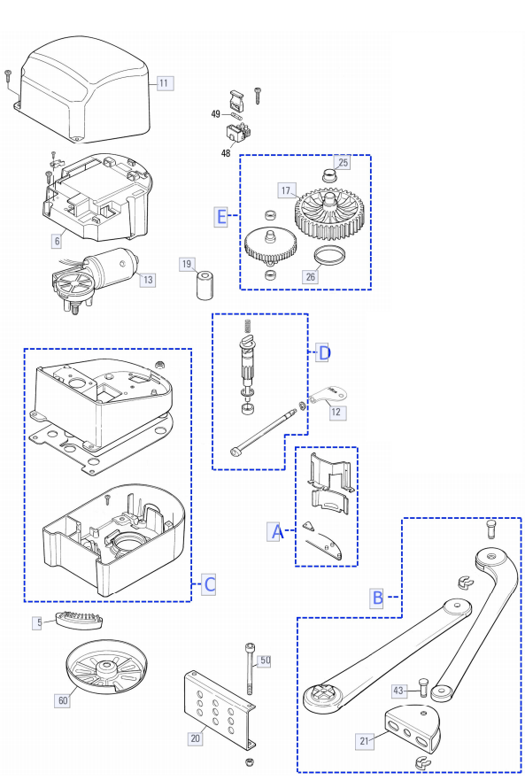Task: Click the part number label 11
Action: click(x=164, y=82)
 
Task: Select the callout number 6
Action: click(x=58, y=241)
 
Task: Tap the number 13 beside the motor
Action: click(x=148, y=280)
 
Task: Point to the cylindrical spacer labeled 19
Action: click(x=205, y=284)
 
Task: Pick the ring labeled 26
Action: click(x=329, y=256)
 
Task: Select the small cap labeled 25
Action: click(x=328, y=175)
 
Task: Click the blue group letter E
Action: click(x=221, y=216)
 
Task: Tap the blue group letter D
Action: click(x=323, y=353)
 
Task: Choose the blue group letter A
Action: click(x=275, y=532)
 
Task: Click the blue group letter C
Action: click(x=210, y=584)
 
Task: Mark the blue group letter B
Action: click(x=378, y=598)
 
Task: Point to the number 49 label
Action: click(x=216, y=114)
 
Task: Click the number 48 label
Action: click(x=226, y=153)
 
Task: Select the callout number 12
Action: click(x=336, y=412)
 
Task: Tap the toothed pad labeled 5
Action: click(x=80, y=620)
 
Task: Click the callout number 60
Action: click(x=63, y=700)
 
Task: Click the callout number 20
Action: click(x=195, y=738)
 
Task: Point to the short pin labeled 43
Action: click(x=423, y=688)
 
